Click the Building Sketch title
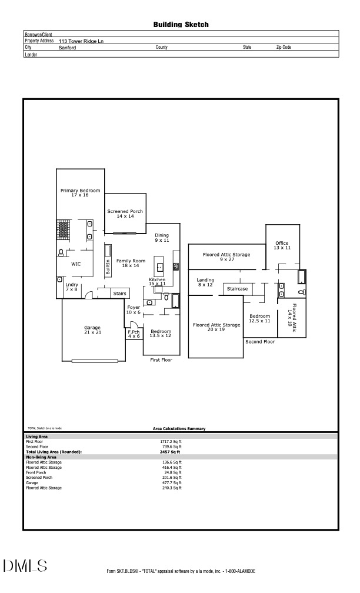[181, 25]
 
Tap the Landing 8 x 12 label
[205, 282]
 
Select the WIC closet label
[76, 264]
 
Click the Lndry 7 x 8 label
[71, 287]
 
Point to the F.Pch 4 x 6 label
[134, 334]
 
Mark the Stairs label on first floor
[119, 293]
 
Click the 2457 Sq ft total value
[171, 452]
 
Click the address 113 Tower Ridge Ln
[82, 41]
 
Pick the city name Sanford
[68, 47]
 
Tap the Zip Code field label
[284, 47]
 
